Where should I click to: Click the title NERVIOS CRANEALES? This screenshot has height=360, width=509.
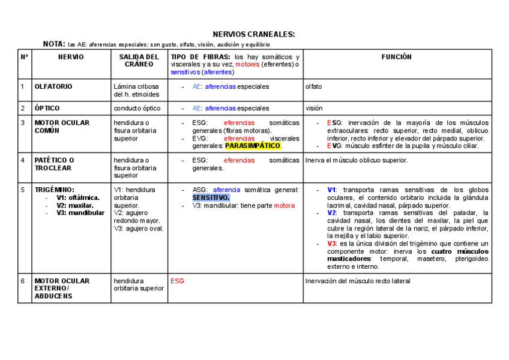point(254,34)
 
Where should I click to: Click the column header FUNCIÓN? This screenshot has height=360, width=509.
point(397,57)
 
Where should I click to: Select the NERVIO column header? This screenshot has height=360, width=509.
point(71,57)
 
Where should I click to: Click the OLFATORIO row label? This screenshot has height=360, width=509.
point(53,86)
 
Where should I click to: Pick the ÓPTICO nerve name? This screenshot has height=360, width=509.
point(47,109)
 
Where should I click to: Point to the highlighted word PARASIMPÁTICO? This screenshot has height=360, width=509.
point(253,146)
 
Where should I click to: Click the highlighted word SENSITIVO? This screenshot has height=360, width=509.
point(211,197)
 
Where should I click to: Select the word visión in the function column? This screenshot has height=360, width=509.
point(315,109)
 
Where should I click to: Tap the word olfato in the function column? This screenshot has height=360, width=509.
point(313,86)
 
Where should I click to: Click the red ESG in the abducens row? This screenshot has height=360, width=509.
point(177,281)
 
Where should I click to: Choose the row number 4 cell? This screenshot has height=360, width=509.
point(22,160)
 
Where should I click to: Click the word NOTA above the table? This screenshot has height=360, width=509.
point(54,44)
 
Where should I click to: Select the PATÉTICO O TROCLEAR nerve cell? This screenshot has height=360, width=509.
point(55,164)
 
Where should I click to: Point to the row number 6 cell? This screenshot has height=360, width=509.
point(22,281)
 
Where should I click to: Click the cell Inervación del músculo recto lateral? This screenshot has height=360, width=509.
point(358,281)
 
